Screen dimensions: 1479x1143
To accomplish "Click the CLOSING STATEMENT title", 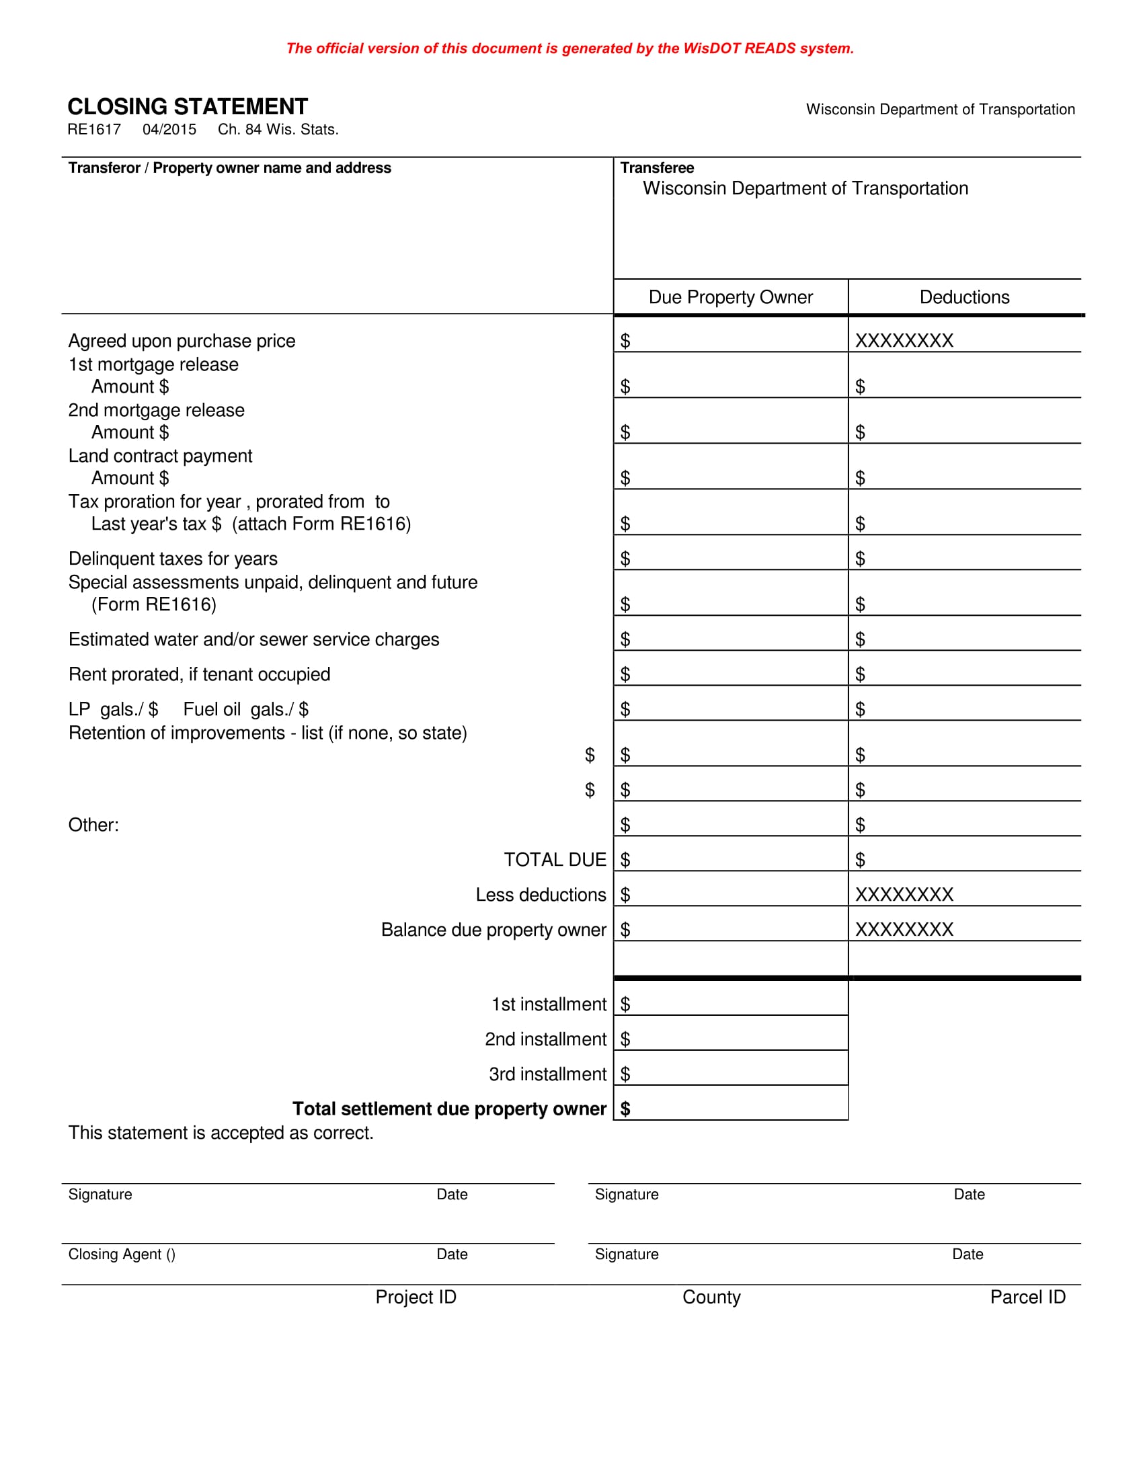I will (188, 107).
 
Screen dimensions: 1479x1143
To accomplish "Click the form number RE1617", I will (94, 130).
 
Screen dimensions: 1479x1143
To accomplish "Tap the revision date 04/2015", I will (169, 130).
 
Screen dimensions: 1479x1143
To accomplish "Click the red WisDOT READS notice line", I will (569, 49).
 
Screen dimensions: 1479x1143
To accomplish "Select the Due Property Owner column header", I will (731, 297).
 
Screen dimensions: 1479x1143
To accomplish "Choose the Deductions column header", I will (964, 297).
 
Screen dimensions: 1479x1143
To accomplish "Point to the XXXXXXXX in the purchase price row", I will (904, 341).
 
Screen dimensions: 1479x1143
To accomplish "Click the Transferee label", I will (657, 168).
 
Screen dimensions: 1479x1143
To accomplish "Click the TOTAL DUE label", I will (555, 860).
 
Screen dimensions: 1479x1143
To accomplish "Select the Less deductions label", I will (541, 895).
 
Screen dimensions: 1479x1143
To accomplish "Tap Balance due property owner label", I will (493, 930).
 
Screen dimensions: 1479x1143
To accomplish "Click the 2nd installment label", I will (545, 1039).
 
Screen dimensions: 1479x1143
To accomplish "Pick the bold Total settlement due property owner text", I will (449, 1109).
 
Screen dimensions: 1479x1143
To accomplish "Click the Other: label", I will (93, 825).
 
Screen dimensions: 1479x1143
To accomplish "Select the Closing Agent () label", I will (122, 1255).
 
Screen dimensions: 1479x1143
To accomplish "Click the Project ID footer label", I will (416, 1297).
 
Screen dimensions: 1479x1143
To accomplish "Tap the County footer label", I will (711, 1297).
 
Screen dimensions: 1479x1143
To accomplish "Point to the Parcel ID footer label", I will (1027, 1297).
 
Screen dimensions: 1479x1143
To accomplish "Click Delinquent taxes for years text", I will (173, 559).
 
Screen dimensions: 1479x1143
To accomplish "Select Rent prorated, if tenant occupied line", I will (199, 674).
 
